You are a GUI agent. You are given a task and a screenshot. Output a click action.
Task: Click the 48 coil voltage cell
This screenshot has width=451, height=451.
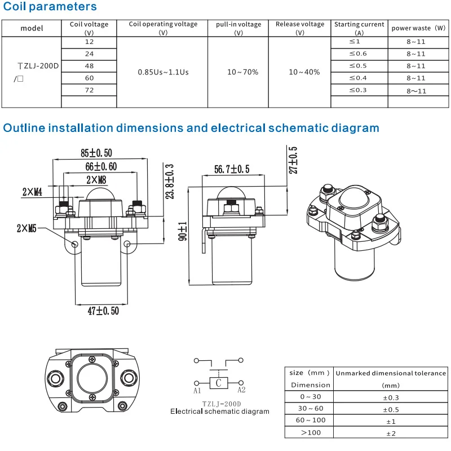pos(89,66)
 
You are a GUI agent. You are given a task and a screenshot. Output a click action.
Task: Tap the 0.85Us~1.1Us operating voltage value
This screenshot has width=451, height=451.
pos(163,72)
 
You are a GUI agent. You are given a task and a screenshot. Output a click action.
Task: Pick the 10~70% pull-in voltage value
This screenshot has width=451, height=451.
pos(243,72)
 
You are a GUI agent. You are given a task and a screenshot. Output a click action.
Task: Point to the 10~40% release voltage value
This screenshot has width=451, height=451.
pos(304,72)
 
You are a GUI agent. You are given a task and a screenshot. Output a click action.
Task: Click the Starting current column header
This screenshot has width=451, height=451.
pos(359,28)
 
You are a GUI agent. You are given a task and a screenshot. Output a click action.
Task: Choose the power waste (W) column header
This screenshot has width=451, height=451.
pos(418,28)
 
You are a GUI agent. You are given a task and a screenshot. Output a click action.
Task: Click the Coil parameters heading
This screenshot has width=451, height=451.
pos(50,7)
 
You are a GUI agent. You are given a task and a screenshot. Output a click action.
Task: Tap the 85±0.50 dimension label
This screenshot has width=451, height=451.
pos(96,153)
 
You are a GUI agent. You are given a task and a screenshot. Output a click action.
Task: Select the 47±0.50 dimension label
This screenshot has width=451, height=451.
pos(103,311)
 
